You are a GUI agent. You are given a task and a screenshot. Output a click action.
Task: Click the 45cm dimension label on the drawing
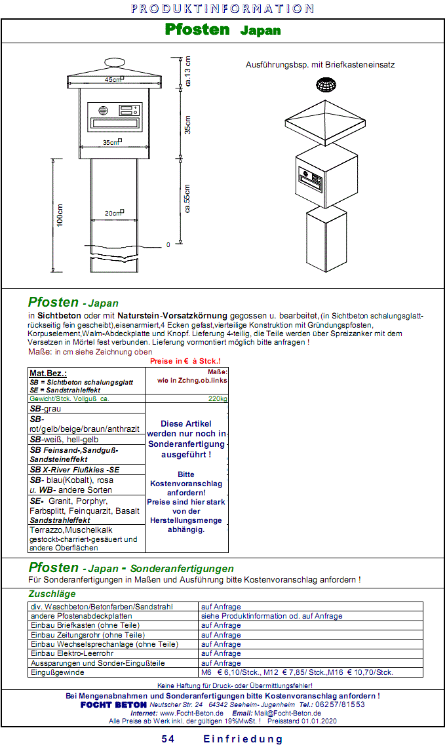[x=113, y=79]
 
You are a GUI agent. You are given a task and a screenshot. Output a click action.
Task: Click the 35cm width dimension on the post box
[x=111, y=142]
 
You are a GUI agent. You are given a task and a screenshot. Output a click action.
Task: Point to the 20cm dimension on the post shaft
[x=113, y=213]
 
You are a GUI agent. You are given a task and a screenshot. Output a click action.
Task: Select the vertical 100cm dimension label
[x=60, y=216]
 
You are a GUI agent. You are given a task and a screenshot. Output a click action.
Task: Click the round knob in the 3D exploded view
[x=326, y=85]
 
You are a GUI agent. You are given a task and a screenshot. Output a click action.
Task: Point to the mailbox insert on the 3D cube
[x=311, y=178]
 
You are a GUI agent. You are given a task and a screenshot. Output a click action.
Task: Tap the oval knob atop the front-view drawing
[x=114, y=63]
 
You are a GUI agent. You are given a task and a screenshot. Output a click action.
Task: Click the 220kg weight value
[x=218, y=398]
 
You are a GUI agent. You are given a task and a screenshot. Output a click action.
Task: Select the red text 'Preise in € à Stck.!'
[x=185, y=362]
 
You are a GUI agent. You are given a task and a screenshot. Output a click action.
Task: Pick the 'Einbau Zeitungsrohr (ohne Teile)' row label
[x=87, y=635]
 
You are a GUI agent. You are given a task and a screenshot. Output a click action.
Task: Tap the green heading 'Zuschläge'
[x=52, y=594]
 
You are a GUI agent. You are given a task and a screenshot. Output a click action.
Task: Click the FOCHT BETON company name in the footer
[x=113, y=704]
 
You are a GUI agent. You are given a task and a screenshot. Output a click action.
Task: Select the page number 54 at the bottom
[x=168, y=739]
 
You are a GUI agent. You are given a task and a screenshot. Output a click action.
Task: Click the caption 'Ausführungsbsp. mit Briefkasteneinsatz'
[x=321, y=65]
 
